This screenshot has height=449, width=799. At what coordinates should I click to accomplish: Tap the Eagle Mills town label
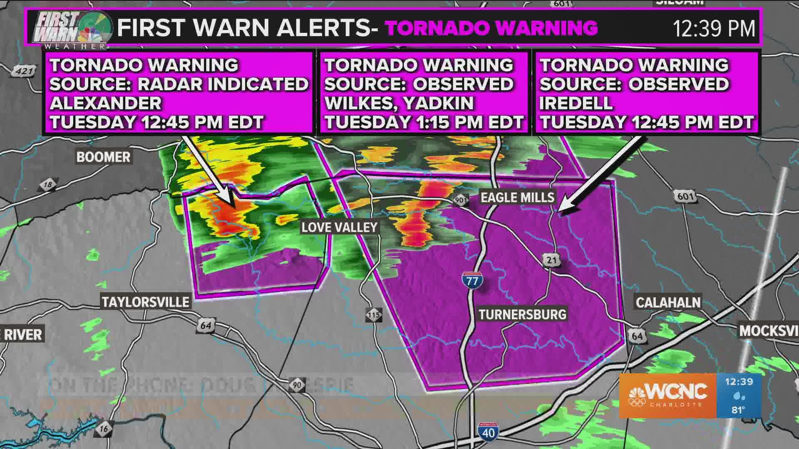coord(517,197)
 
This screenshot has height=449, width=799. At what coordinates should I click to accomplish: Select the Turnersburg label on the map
coord(522,314)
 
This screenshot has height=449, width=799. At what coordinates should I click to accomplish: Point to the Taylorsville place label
coord(146,301)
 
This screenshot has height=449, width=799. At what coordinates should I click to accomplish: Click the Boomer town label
coord(103,157)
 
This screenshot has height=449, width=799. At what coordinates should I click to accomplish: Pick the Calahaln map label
coord(668,302)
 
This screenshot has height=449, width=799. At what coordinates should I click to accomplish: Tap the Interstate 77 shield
coord(472,280)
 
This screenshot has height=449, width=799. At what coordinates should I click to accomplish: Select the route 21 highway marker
coord(551,260)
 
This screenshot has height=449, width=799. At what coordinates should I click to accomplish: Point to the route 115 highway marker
coord(374,315)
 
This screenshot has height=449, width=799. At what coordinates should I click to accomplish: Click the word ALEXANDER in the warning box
coord(105,103)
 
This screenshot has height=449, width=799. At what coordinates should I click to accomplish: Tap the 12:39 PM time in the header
coord(714,28)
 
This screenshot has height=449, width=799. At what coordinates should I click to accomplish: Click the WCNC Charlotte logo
coord(668,395)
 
